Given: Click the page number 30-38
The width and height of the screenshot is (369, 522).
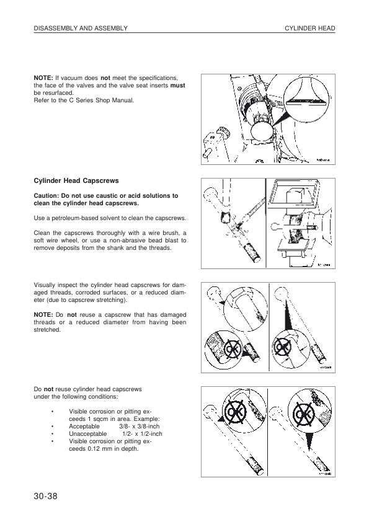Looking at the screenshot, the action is (46, 496).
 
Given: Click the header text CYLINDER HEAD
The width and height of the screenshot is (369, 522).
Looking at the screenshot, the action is (309, 29).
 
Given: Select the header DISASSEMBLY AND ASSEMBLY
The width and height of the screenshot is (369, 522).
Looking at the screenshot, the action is (81, 29).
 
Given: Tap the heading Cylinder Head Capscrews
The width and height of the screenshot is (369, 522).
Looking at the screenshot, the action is (76, 181).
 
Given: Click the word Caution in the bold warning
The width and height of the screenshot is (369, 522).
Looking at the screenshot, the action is (46, 196).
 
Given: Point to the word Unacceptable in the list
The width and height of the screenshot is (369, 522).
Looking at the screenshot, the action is (88, 434).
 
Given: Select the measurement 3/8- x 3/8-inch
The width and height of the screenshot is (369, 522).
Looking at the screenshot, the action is (139, 427).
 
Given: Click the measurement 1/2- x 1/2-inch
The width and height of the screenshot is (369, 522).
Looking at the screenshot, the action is (142, 434).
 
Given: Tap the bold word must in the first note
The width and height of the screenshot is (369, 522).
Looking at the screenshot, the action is (177, 86).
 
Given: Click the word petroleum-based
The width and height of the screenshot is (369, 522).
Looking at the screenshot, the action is (74, 218).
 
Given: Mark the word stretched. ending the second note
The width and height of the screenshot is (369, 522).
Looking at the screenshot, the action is (47, 330).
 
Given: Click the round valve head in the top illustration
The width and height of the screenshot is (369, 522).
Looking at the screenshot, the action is (262, 131).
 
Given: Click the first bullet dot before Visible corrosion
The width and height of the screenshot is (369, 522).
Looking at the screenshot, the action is (53, 412).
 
